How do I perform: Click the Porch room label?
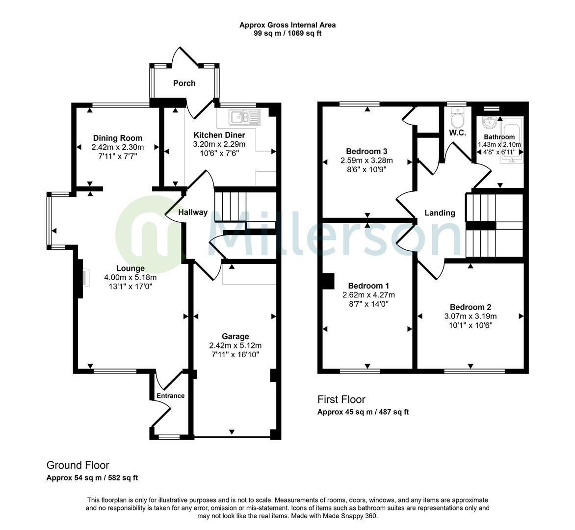(184, 83)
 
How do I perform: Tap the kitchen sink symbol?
(245, 117)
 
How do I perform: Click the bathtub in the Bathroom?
(512, 140)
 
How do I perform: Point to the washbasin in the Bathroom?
(489, 123)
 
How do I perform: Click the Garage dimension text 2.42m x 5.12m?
(235, 345)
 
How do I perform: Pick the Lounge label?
(130, 268)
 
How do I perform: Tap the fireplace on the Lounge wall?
(81, 278)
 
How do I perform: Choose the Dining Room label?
(117, 138)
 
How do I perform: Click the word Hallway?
(193, 212)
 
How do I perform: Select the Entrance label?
(171, 396)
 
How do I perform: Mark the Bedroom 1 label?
(368, 286)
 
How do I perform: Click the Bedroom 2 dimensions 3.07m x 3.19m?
(470, 316)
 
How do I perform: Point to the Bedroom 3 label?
(366, 152)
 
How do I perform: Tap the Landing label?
(440, 213)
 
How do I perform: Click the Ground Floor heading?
(78, 465)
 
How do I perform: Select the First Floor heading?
(341, 399)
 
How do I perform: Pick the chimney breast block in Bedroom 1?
(327, 281)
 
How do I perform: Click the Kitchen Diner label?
(219, 135)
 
